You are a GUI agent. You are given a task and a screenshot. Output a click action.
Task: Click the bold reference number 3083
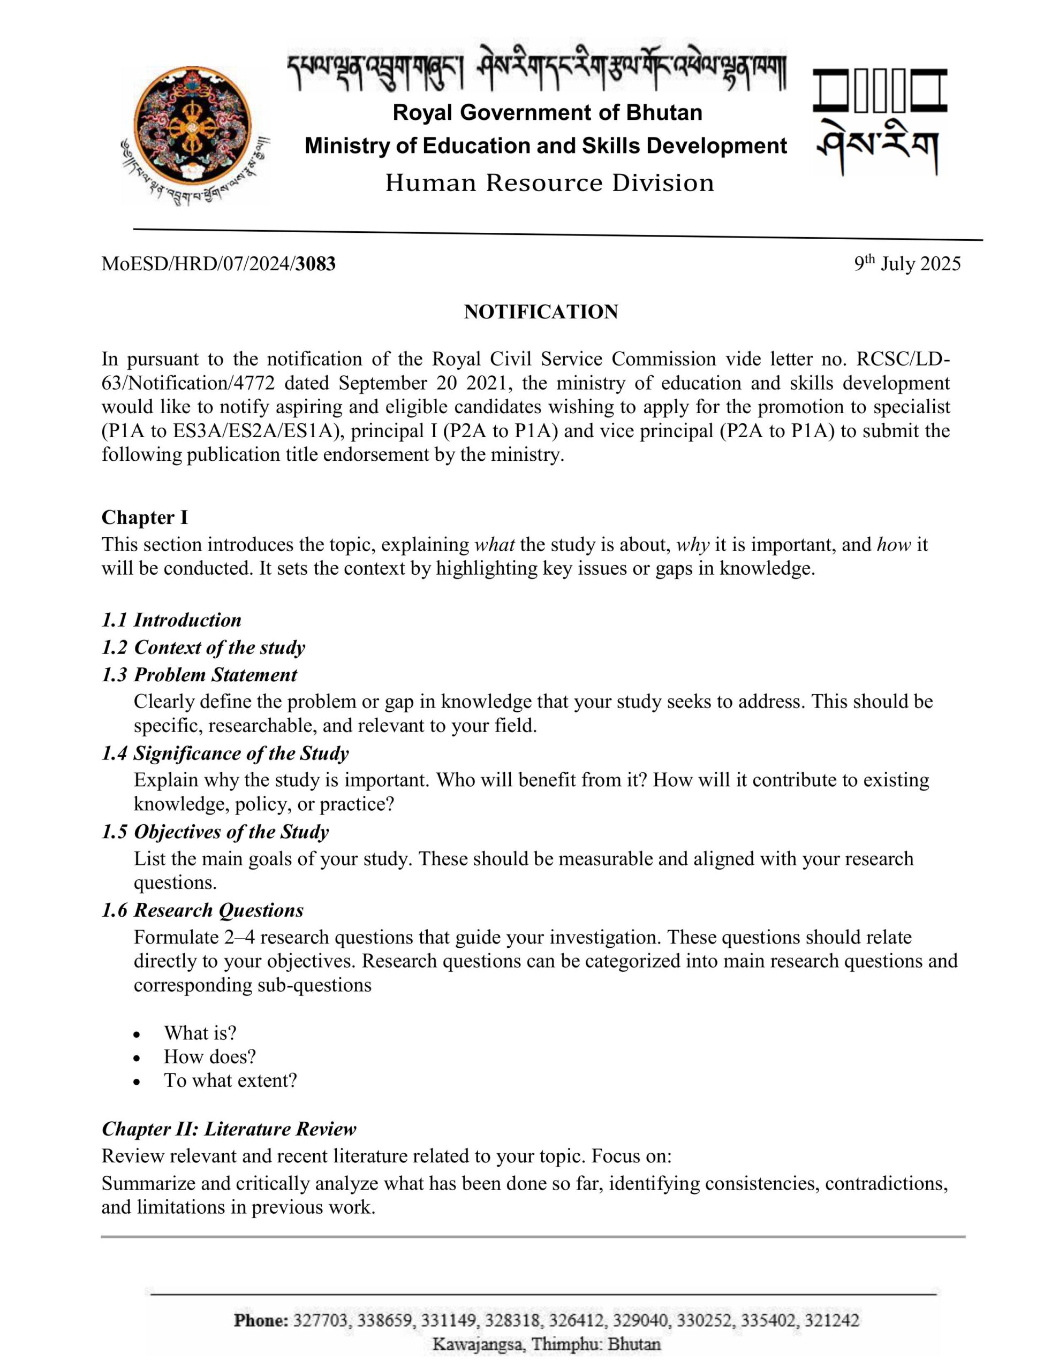click(x=316, y=264)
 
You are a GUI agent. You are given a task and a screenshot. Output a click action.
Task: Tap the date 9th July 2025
click(x=906, y=263)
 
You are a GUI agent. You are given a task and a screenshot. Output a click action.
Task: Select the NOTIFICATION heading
click(x=541, y=312)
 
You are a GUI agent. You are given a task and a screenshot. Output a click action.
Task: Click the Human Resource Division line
click(x=549, y=183)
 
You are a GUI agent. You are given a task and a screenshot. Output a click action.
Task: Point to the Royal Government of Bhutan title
click(x=547, y=113)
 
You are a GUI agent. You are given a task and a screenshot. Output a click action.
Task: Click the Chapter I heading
click(x=145, y=517)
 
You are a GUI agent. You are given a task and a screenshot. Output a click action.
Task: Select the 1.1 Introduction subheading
click(x=171, y=620)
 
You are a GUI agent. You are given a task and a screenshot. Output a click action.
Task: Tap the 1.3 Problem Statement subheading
click(x=199, y=675)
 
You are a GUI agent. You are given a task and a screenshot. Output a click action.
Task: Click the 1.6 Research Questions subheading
click(x=202, y=911)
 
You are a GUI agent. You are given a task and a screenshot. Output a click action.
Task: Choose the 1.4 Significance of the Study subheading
click(x=225, y=753)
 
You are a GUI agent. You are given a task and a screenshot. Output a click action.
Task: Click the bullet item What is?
click(x=200, y=1033)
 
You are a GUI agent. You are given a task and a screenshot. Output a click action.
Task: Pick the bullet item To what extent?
click(x=230, y=1081)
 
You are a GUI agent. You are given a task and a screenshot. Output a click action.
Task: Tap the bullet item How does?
click(x=210, y=1057)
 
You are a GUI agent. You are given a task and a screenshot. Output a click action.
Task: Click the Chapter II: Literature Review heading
click(x=229, y=1129)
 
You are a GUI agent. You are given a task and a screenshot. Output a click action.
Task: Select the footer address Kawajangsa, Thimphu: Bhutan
click(x=546, y=1344)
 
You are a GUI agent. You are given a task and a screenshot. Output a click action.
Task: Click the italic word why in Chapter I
click(x=692, y=545)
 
